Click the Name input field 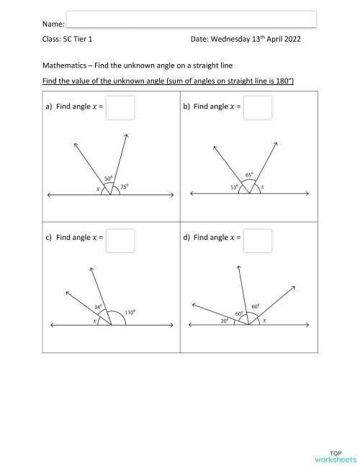click(x=191, y=19)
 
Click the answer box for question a click(x=120, y=107)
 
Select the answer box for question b click(x=258, y=107)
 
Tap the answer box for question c click(x=120, y=240)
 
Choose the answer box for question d click(x=258, y=240)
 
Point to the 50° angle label click(x=108, y=178)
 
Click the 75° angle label click(x=125, y=186)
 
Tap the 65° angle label click(x=249, y=175)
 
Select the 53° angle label click(x=235, y=187)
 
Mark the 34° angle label click(x=98, y=307)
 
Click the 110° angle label click(x=130, y=312)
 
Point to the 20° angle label click(x=225, y=321)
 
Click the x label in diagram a click(x=97, y=189)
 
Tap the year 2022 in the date click(x=288, y=40)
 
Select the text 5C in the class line click(x=66, y=40)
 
